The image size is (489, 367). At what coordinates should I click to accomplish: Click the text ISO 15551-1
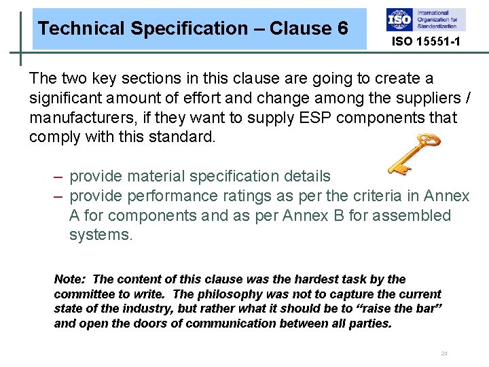(426, 42)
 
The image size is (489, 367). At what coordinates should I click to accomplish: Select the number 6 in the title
(342, 29)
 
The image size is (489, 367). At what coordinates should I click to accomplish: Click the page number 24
(444, 353)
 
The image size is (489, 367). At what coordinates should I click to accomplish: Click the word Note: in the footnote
(70, 279)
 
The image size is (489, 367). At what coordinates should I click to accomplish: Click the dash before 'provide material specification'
(59, 177)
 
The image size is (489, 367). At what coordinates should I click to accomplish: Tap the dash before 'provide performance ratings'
(59, 196)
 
